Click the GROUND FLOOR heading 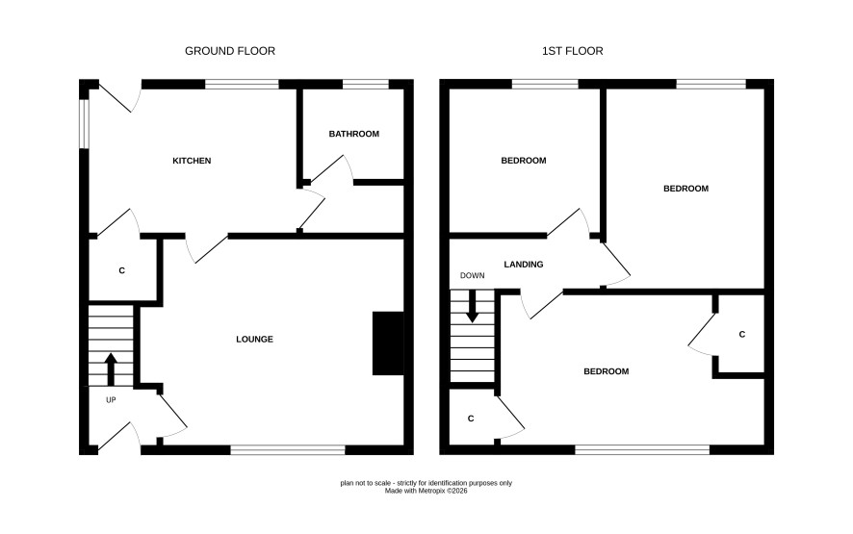click(x=229, y=51)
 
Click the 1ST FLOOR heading click(x=572, y=51)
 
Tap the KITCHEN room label click(x=192, y=161)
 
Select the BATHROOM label click(x=353, y=134)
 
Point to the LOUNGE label click(x=254, y=340)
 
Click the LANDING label click(x=524, y=265)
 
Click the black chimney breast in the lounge click(x=388, y=343)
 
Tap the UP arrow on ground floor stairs click(x=111, y=369)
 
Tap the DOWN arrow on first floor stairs click(x=472, y=306)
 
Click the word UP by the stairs click(x=111, y=400)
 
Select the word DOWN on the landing click(x=472, y=276)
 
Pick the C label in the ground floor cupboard click(x=122, y=270)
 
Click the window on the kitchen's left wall click(x=84, y=123)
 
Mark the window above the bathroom click(x=366, y=85)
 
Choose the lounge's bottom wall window click(x=288, y=449)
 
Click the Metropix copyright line click(x=426, y=491)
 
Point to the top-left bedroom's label click(x=524, y=161)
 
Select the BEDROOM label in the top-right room click(x=685, y=189)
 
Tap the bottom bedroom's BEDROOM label click(x=606, y=371)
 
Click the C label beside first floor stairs click(x=471, y=419)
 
